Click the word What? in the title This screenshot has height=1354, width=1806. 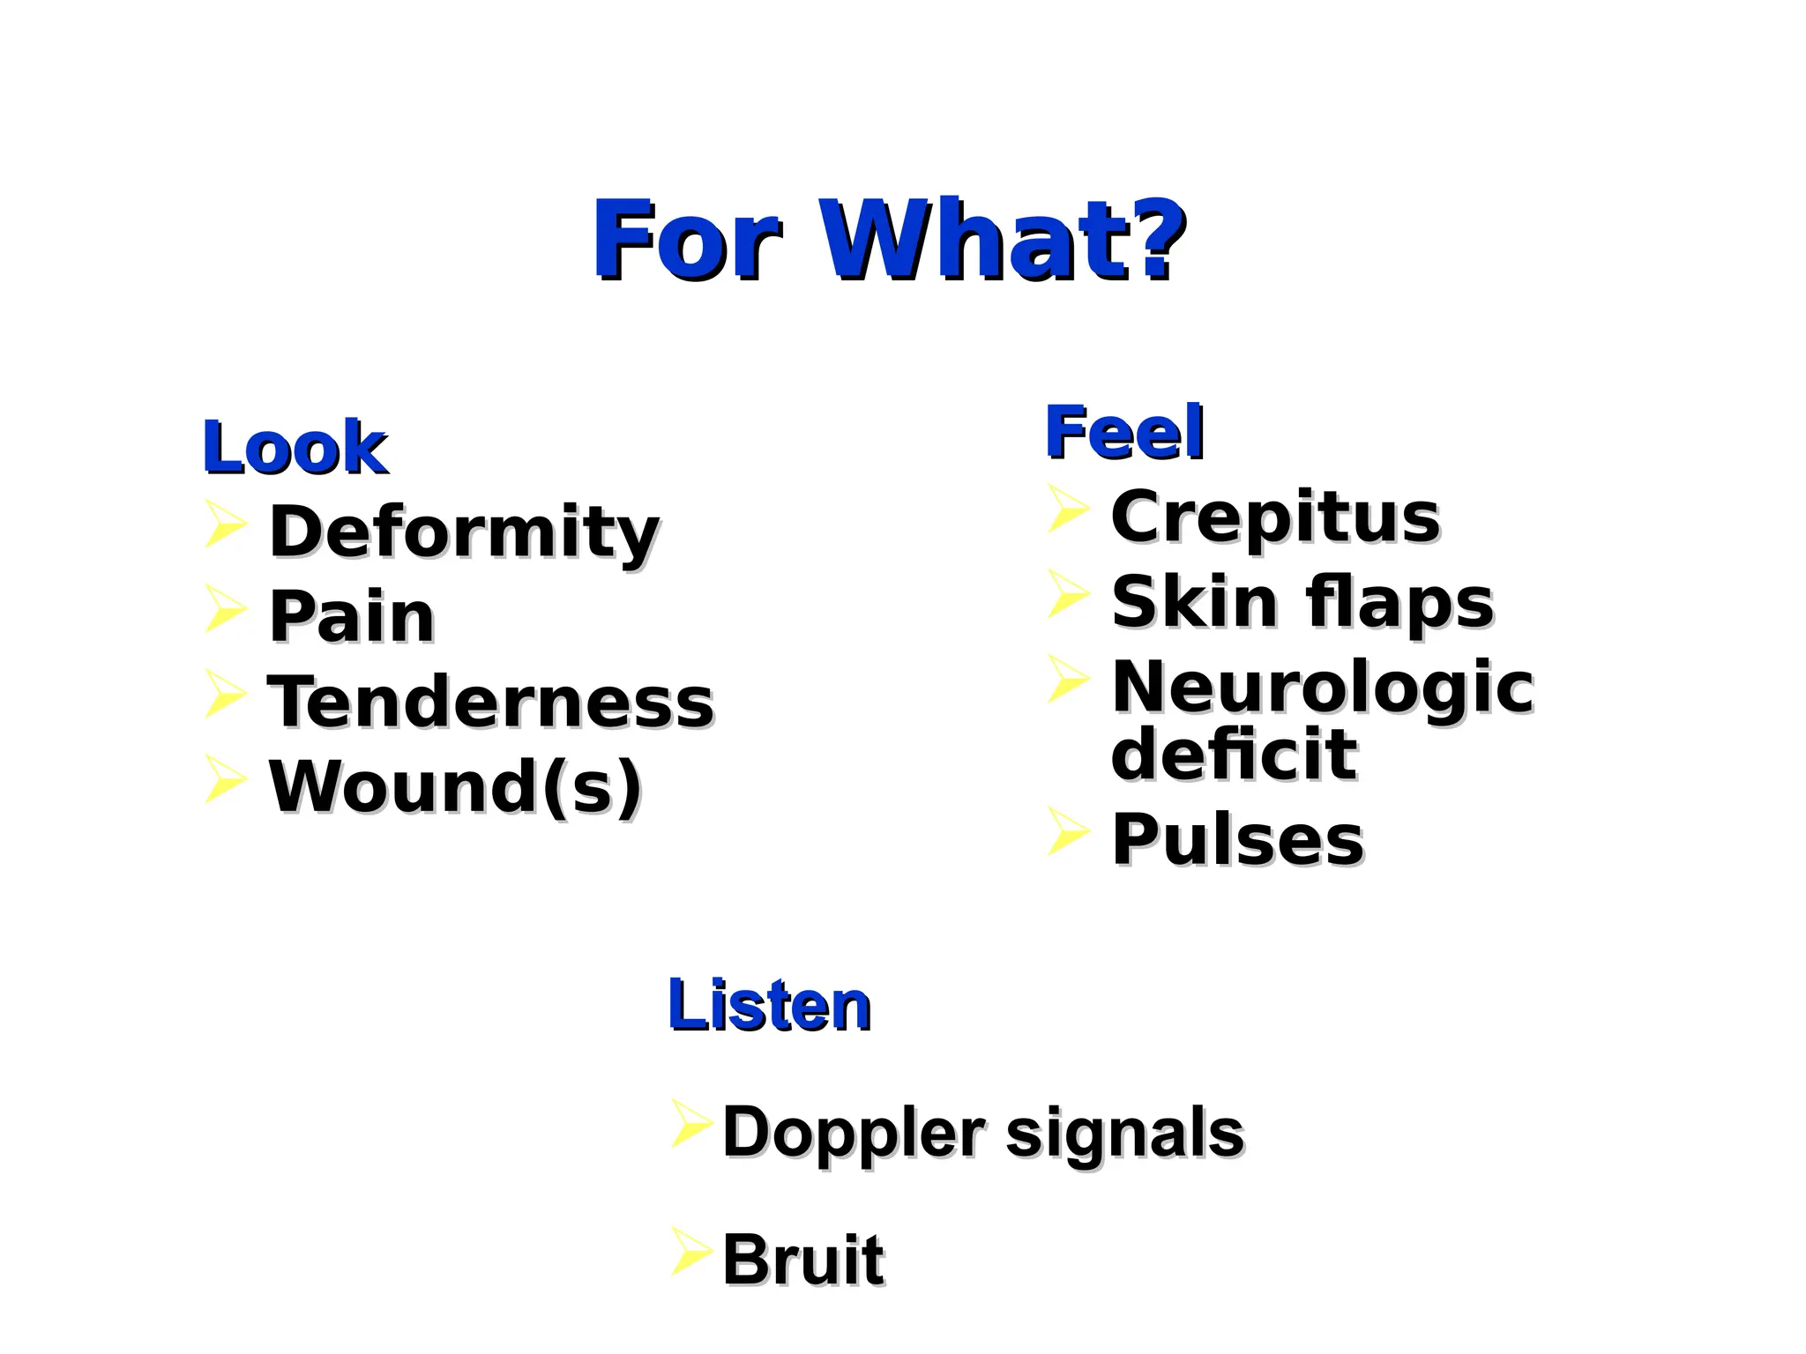[x=1003, y=239]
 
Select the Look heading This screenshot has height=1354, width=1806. [x=295, y=448]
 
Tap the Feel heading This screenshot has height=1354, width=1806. [x=1124, y=432]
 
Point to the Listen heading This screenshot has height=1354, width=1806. [x=769, y=1005]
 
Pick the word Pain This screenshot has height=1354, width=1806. [x=352, y=616]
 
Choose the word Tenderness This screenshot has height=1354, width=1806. [x=490, y=702]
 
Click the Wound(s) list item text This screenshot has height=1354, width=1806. [x=455, y=786]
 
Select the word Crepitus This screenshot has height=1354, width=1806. [x=1275, y=517]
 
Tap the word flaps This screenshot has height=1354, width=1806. [x=1399, y=603]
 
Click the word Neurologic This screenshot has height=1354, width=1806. [x=1323, y=688]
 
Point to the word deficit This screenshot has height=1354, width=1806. [x=1234, y=755]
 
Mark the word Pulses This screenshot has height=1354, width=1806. [x=1238, y=840]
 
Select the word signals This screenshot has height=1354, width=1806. [x=1124, y=1133]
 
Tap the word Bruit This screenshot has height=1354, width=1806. [x=802, y=1261]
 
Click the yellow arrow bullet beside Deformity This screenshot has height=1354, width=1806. [x=225, y=524]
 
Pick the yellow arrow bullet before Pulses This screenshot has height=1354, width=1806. [x=1068, y=830]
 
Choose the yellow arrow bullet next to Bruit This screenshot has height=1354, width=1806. [x=691, y=1250]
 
